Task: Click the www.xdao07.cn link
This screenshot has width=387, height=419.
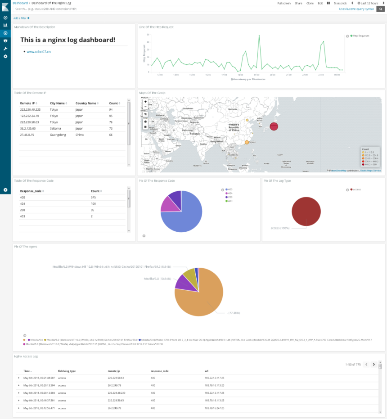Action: pyautogui.click(x=39, y=52)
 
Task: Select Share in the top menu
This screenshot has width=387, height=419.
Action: pyautogui.click(x=298, y=3)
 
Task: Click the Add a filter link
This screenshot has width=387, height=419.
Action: pyautogui.click(x=21, y=18)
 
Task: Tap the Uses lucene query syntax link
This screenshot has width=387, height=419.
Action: pyautogui.click(x=356, y=9)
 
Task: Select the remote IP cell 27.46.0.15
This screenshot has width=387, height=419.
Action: pyautogui.click(x=28, y=135)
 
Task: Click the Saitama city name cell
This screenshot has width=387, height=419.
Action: pyautogui.click(x=56, y=128)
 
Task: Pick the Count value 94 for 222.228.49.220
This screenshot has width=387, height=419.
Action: pyautogui.click(x=111, y=109)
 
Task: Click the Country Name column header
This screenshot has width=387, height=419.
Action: pyautogui.click(x=86, y=103)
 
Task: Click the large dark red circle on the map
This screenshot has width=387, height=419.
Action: pyautogui.click(x=274, y=126)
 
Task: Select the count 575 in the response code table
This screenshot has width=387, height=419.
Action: pyautogui.click(x=94, y=197)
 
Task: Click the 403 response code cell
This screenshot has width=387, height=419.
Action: pyautogui.click(x=22, y=216)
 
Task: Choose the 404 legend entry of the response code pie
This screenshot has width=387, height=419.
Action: pyautogui.click(x=230, y=194)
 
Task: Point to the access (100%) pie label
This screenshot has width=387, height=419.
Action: pyautogui.click(x=279, y=228)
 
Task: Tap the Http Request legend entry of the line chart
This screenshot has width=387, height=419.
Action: pyautogui.click(x=360, y=36)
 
